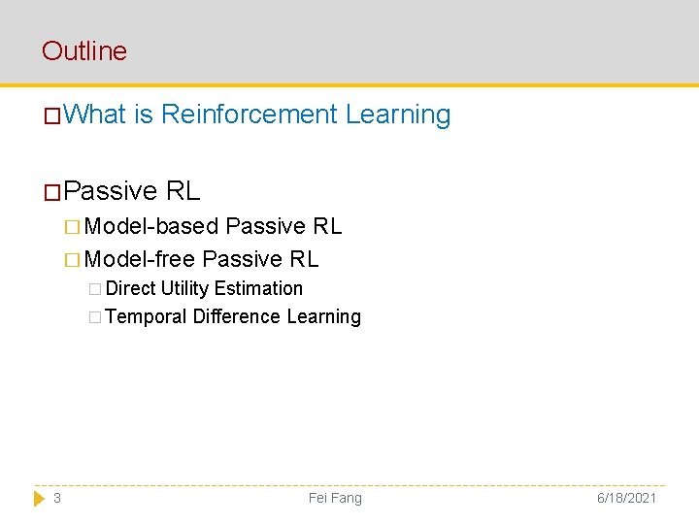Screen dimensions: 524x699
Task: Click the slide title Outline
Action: [x=84, y=50]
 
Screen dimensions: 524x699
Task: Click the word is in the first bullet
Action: [x=144, y=115]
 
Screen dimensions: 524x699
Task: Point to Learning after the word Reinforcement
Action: [x=398, y=115]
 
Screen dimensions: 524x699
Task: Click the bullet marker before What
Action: [x=52, y=116]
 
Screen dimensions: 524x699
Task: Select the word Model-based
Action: [x=151, y=226]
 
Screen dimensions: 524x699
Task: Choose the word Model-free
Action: [x=140, y=259]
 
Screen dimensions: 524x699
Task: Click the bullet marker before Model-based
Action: [x=73, y=227]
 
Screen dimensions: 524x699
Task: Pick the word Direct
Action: [x=131, y=288]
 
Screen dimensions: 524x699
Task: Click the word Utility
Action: [x=185, y=288]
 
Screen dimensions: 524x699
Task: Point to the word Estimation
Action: [x=258, y=288]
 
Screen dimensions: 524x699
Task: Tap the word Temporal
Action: [x=146, y=316]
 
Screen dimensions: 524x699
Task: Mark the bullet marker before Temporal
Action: [x=93, y=317]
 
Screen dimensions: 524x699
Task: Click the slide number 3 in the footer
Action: [x=57, y=498]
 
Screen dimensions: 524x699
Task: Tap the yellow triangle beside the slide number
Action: [x=39, y=498]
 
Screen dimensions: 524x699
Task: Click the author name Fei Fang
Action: [x=335, y=498]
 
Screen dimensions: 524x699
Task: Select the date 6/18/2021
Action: [x=627, y=498]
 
